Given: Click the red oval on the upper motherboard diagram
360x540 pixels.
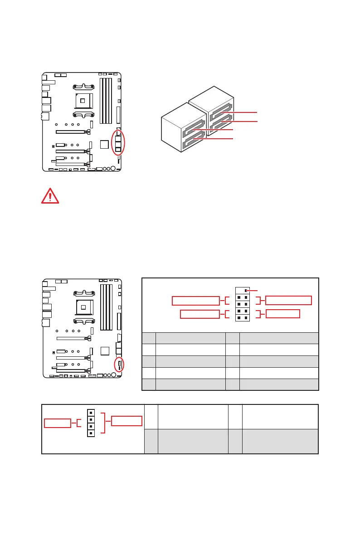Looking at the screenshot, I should [118, 142].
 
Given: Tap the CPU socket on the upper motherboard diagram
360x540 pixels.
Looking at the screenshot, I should [83, 100].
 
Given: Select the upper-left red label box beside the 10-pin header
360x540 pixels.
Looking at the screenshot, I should [195, 301].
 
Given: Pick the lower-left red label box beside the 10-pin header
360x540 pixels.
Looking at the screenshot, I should [199, 314].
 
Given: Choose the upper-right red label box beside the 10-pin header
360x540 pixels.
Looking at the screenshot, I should [289, 300].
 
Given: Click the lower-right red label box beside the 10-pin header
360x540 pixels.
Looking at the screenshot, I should [282, 314].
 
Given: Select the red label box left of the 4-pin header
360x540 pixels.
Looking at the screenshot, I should [58, 423].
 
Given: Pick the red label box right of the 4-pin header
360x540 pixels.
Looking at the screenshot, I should [127, 420].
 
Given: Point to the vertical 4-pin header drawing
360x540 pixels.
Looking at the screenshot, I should [91, 423].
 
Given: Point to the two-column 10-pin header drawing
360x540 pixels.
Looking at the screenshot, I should [242, 304].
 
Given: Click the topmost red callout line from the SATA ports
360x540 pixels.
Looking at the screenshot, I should [240, 112].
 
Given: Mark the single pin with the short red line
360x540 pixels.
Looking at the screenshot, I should [246, 290].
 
